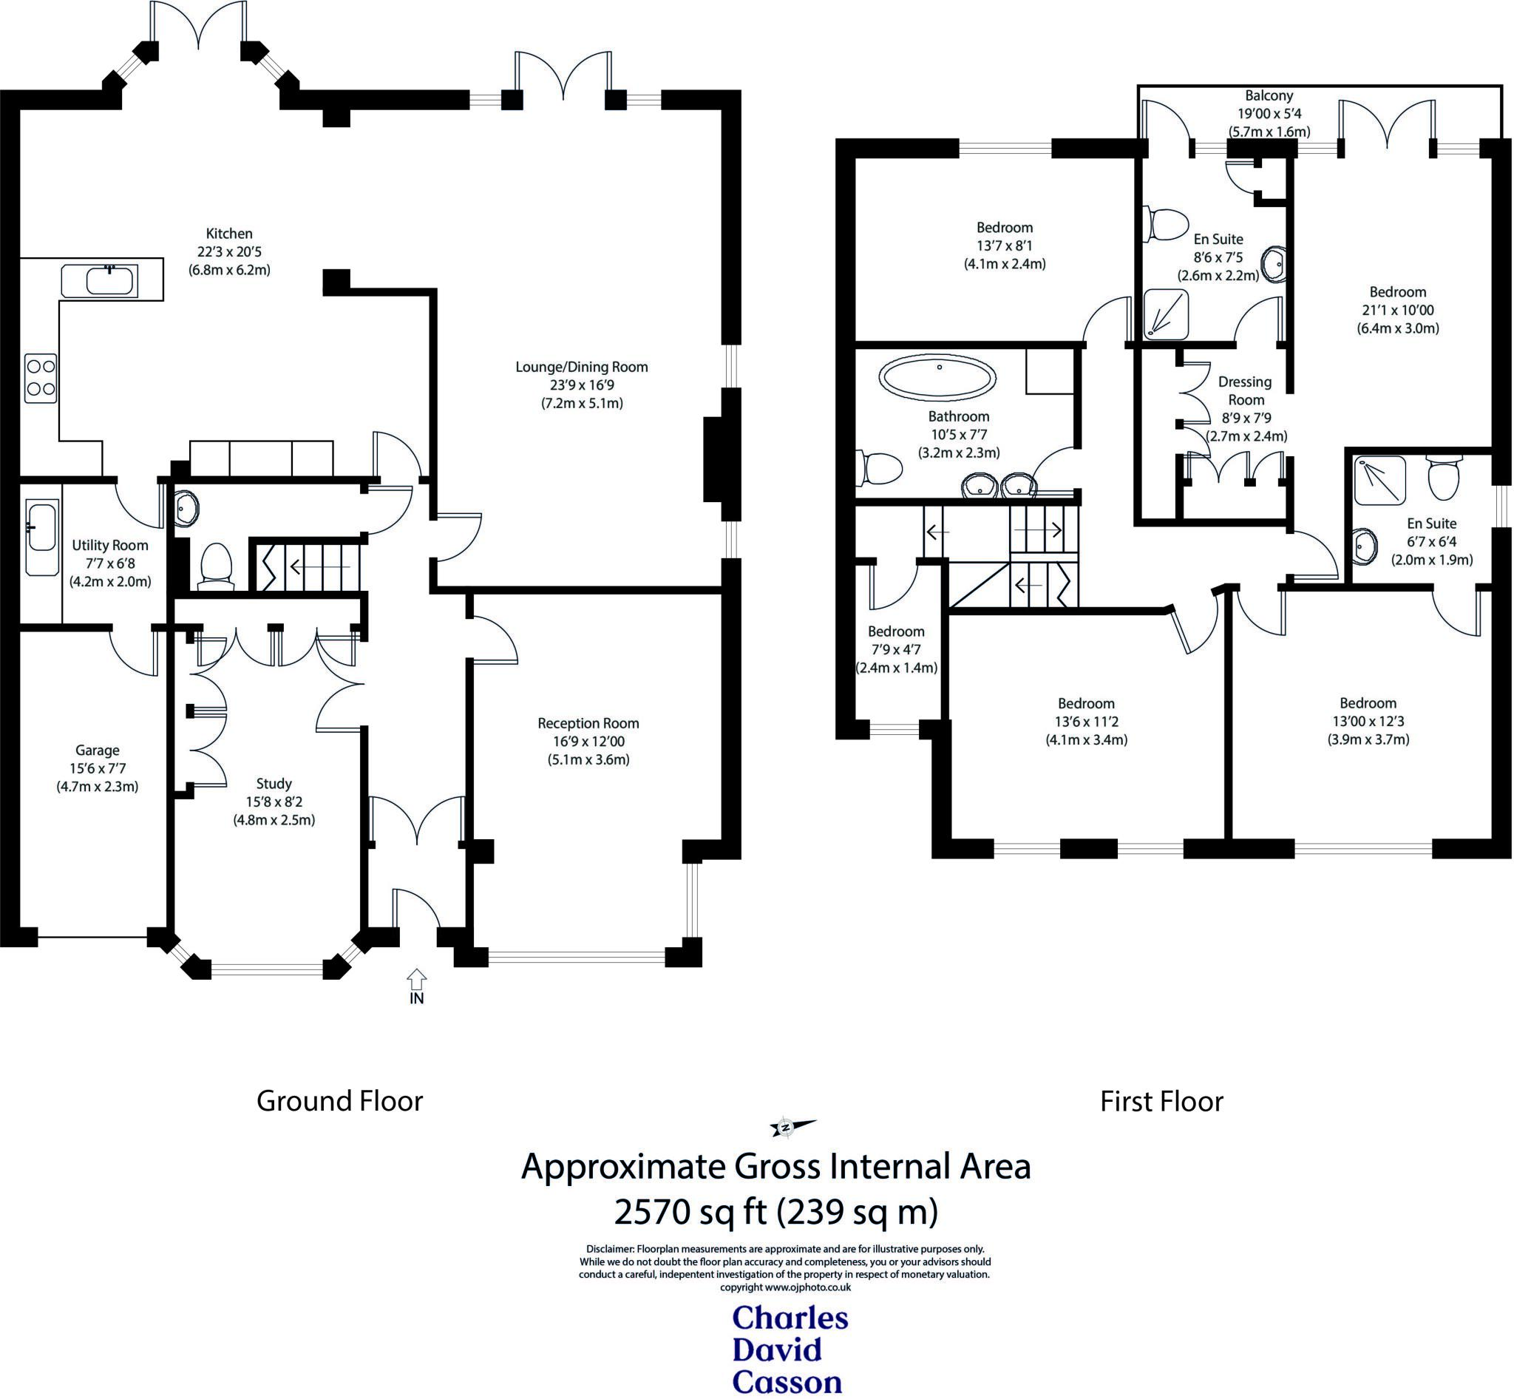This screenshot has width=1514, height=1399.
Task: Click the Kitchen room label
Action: click(229, 234)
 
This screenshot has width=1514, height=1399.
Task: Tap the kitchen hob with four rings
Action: click(40, 378)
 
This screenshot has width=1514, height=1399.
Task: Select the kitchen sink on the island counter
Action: click(111, 281)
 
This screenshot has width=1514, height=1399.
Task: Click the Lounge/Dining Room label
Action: click(581, 367)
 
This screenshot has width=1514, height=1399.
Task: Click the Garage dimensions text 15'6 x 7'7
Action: click(97, 768)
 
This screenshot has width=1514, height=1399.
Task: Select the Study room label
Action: click(274, 784)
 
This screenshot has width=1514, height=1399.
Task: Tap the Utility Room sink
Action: click(41, 537)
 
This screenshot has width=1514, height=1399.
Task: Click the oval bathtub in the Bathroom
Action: click(937, 378)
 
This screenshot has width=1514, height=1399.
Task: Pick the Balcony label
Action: click(1269, 96)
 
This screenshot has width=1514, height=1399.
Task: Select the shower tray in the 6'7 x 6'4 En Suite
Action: click(1379, 481)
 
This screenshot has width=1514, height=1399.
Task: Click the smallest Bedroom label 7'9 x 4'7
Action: click(896, 631)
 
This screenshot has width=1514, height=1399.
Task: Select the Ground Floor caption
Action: click(339, 1101)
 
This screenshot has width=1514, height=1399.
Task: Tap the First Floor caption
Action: click(1161, 1101)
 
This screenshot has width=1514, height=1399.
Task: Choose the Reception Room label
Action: click(588, 723)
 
